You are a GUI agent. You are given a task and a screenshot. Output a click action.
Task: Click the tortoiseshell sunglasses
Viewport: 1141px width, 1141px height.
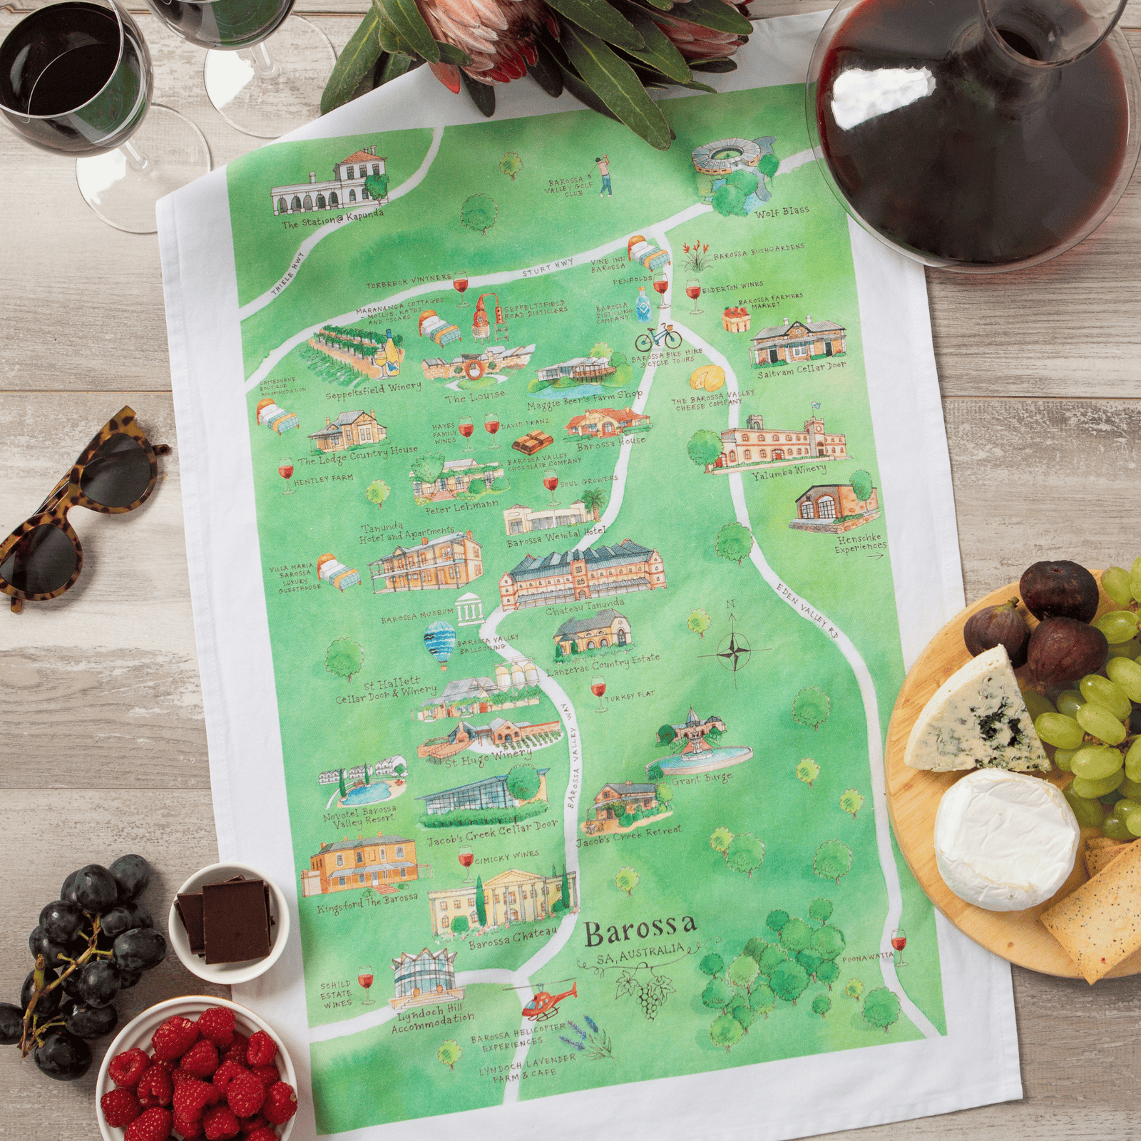click(x=78, y=506)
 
